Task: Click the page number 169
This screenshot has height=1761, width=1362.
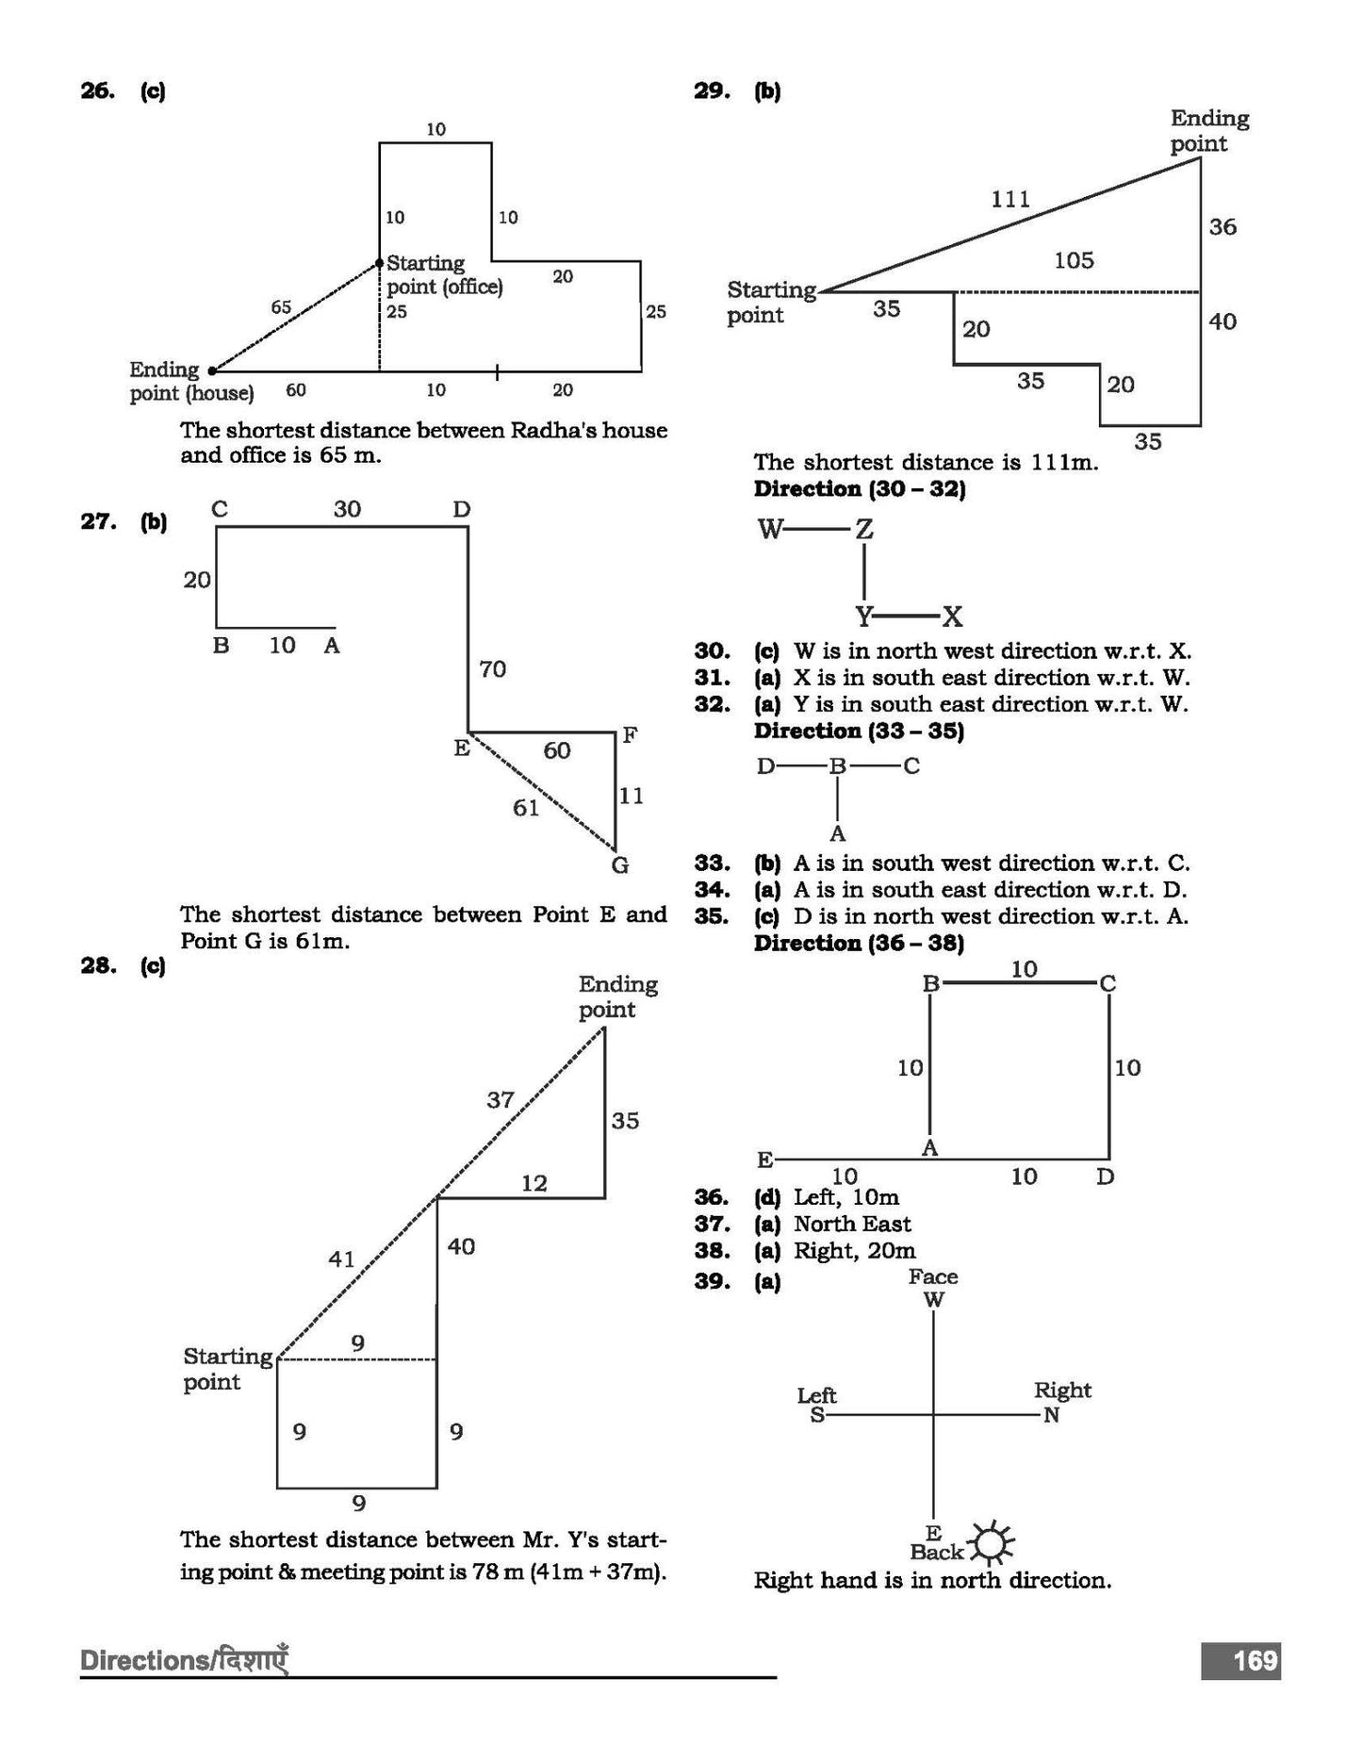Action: [1255, 1659]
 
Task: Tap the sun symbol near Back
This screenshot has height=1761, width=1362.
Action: [993, 1543]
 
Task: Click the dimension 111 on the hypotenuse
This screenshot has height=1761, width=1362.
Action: [1010, 199]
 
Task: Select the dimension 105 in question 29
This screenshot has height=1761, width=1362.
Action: [1074, 260]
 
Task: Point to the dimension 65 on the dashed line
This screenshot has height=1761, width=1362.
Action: [281, 307]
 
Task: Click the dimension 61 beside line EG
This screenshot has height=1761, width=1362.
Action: [526, 807]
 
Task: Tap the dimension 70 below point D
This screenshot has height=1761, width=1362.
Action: [492, 669]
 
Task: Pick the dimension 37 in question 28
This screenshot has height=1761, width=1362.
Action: [500, 1099]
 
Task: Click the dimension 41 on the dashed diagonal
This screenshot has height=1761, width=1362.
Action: [341, 1259]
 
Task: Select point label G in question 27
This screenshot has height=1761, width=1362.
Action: [619, 864]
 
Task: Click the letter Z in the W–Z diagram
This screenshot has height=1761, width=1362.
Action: [863, 530]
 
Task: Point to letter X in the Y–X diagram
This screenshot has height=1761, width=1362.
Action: [953, 617]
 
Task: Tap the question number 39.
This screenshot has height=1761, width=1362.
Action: [712, 1281]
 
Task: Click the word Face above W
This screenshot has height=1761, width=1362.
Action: [933, 1276]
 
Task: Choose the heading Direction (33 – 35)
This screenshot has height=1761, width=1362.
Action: [859, 731]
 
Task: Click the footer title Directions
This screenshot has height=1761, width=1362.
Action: [141, 1660]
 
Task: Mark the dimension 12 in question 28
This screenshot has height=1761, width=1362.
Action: [534, 1183]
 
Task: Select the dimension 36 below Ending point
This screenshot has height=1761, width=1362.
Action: [1223, 227]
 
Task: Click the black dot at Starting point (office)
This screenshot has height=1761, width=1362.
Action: [379, 264]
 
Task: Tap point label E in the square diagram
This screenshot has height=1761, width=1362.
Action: [764, 1160]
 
